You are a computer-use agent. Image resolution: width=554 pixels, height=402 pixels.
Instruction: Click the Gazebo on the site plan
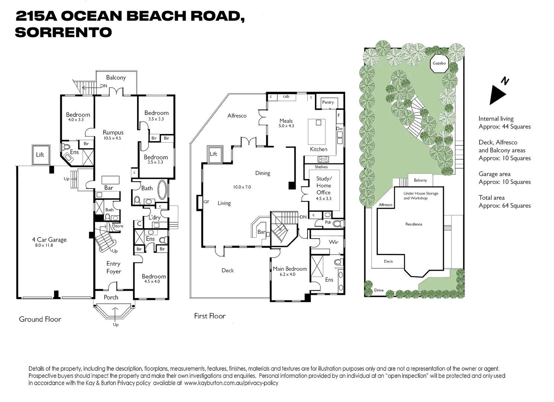pos(439,63)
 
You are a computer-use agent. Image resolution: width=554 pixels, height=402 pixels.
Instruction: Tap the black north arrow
pos(497,95)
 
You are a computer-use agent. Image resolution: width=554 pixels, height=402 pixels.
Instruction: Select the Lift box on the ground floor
pos(41,155)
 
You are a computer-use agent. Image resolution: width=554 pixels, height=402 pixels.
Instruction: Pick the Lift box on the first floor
pos(215,154)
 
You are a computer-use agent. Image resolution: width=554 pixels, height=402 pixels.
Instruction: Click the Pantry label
pos(328,102)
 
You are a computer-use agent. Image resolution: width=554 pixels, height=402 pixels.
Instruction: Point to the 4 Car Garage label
pos(49,240)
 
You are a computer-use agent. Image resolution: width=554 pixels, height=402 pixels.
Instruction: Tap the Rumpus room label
pos(113,133)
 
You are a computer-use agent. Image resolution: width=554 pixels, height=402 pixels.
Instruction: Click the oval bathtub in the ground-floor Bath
pos(162,190)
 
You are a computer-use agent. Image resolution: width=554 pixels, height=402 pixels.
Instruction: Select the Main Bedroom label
pos(290,269)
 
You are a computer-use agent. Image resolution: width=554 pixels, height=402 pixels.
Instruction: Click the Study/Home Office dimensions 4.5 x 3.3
pos(324,198)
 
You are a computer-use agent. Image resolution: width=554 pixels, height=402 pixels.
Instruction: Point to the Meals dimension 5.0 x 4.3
pos(286,126)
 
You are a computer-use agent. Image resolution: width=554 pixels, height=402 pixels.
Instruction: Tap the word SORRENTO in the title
pos(64,32)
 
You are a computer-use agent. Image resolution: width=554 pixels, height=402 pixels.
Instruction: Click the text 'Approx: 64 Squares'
pos(504,206)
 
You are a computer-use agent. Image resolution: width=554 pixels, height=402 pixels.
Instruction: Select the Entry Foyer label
pos(114,268)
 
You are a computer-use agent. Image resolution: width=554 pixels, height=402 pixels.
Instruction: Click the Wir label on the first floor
pos(333,242)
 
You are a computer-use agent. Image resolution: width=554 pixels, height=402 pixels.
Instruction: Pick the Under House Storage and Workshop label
pos(421,196)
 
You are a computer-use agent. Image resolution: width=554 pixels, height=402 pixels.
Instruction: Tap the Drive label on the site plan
pos(379,290)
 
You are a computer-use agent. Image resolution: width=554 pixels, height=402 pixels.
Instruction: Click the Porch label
pos(111,297)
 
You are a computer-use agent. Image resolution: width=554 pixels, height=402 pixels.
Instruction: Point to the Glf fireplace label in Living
pos(206,202)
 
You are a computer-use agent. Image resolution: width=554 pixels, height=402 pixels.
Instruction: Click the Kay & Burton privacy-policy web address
pos(231,383)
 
